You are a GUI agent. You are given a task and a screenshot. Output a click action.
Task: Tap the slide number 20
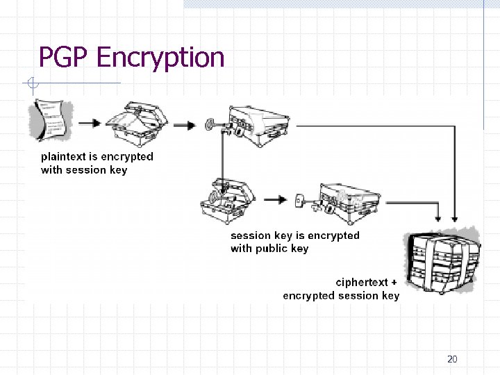click(x=452, y=359)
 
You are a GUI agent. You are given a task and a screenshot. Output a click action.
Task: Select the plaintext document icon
click(x=49, y=119)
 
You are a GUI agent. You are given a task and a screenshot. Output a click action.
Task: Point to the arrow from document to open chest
click(x=89, y=124)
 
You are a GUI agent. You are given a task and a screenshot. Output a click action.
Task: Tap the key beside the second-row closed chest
click(x=301, y=200)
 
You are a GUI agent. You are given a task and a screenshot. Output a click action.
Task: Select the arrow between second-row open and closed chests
click(x=276, y=200)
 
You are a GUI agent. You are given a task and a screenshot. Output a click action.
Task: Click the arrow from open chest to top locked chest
click(x=185, y=125)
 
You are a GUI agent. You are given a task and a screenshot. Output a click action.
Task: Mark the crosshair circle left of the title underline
click(x=32, y=85)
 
